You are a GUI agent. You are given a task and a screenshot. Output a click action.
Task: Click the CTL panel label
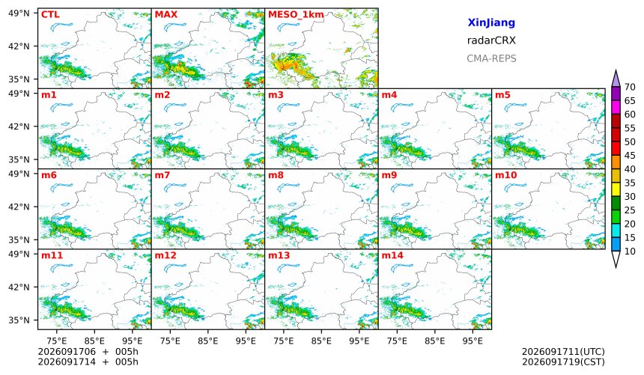[x=50, y=15]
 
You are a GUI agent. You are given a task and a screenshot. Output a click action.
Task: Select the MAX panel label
[x=166, y=15]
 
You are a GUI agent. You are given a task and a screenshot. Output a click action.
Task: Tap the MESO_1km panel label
[x=296, y=15]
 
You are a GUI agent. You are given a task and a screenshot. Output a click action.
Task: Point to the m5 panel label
[x=502, y=95]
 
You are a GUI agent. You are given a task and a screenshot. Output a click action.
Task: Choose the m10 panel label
[x=505, y=175]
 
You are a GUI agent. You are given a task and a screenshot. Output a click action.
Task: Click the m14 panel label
[x=392, y=255]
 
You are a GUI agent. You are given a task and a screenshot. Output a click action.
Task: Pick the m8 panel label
[x=276, y=175]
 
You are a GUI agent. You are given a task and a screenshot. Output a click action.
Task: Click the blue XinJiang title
[x=491, y=22]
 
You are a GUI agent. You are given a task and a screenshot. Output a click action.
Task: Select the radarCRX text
[x=491, y=40]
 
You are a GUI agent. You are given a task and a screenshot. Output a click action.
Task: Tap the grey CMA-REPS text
[x=491, y=58]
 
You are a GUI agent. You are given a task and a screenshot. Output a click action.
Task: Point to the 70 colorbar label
[x=630, y=87]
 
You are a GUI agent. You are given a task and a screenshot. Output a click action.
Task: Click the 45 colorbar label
[x=630, y=156]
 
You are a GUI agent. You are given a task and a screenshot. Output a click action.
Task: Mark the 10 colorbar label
[x=630, y=251]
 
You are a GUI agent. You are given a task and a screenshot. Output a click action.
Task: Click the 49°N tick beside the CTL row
[x=19, y=13]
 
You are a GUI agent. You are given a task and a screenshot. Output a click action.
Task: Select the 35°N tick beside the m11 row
[x=19, y=320]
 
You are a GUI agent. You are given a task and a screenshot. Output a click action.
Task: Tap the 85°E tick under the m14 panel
[x=434, y=341]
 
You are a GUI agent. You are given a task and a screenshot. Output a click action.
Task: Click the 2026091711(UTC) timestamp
[x=563, y=352]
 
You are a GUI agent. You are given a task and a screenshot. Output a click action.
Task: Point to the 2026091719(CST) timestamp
[x=563, y=362]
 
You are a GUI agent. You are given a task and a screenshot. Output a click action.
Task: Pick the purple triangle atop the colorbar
[x=616, y=79]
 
